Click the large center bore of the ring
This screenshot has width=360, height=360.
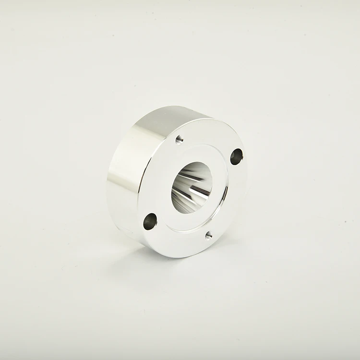point(192,187)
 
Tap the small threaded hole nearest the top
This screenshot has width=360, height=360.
point(179,139)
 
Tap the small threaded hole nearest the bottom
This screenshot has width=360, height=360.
point(208,235)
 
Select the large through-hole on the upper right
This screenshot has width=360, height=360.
point(237,156)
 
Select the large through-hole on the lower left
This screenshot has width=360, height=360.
point(150,221)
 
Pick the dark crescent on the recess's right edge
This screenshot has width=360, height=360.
point(224,194)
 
